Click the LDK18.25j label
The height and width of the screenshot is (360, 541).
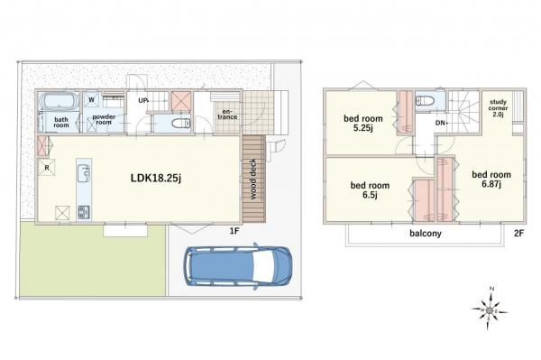156,178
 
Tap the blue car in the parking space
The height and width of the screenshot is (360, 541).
237,265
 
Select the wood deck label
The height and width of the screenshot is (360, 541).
252,179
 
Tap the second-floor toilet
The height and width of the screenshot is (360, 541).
426,100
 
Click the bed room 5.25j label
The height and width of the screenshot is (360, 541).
363,124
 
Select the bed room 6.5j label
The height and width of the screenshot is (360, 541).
370,189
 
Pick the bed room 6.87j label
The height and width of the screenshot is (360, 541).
491,180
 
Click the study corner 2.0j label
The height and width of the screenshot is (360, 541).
498,108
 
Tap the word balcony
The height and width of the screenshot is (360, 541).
426,234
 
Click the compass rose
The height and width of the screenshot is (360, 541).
490,310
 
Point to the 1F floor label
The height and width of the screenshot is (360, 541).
234,231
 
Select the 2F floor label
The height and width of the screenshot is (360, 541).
519,234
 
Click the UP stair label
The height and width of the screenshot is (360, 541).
142,100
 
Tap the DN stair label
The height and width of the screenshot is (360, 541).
441,123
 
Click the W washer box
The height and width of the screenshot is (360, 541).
91,100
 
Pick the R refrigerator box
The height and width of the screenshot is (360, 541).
47,168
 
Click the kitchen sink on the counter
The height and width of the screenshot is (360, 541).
84,173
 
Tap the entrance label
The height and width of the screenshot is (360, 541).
228,115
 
